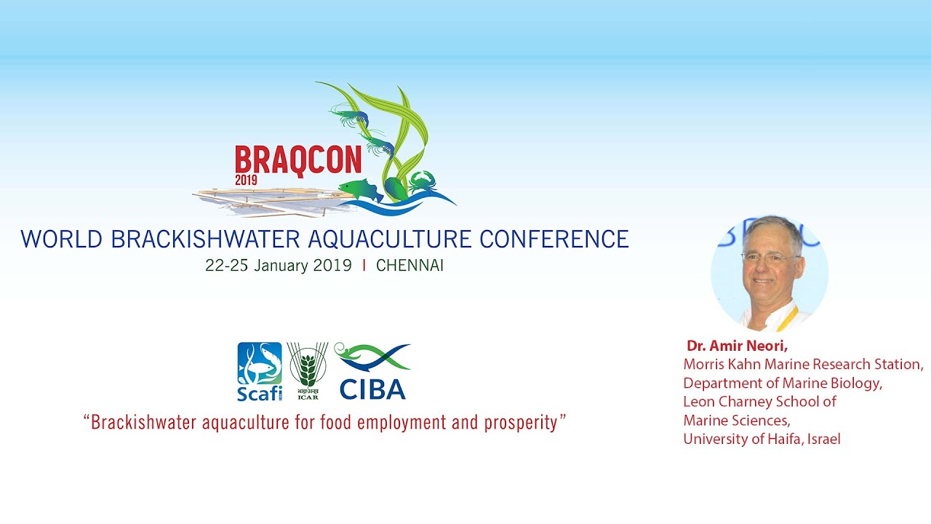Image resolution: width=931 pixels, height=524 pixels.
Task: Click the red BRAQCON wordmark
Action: [x=298, y=160]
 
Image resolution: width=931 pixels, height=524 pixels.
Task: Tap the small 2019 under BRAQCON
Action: [x=246, y=180]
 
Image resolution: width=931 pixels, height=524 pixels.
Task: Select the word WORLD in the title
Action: [x=62, y=239]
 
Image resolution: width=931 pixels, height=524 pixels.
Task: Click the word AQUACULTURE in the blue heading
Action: [x=390, y=239]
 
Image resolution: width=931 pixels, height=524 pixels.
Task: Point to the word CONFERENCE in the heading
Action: [x=554, y=239]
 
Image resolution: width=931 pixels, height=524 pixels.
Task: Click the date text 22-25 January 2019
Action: [x=279, y=266]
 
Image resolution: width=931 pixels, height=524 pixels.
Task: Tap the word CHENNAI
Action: [x=409, y=266]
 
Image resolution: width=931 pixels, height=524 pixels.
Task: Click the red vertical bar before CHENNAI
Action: [x=364, y=266]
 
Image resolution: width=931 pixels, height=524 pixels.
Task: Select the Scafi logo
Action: [x=260, y=371]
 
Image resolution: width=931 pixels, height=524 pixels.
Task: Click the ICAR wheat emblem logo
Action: [x=308, y=370]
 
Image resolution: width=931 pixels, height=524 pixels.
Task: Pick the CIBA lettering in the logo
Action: [x=372, y=389]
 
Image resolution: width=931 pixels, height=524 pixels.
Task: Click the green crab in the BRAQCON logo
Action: [x=423, y=182]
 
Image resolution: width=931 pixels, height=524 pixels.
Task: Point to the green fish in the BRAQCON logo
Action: [x=361, y=190]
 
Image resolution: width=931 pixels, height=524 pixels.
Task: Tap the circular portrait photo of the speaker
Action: [x=770, y=273]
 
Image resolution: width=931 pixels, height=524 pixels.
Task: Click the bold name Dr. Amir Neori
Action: [x=737, y=346]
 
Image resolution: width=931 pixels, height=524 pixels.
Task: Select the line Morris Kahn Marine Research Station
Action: [x=803, y=365]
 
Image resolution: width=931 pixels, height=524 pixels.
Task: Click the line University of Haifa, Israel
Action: [x=762, y=439]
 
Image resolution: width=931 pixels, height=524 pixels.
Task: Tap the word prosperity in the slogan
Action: [x=521, y=424]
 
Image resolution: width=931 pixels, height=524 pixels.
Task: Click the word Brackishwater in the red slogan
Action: [x=143, y=423]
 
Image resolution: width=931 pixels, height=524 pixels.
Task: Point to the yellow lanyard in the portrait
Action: [x=788, y=319]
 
